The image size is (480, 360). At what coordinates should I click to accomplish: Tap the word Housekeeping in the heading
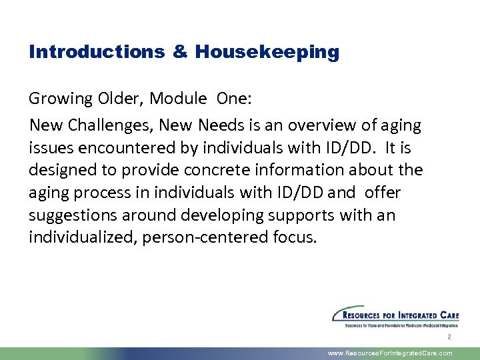pos(267,52)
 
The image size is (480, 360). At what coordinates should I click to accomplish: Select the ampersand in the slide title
pos(181,52)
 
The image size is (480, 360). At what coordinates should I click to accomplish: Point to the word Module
pos(178,99)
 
